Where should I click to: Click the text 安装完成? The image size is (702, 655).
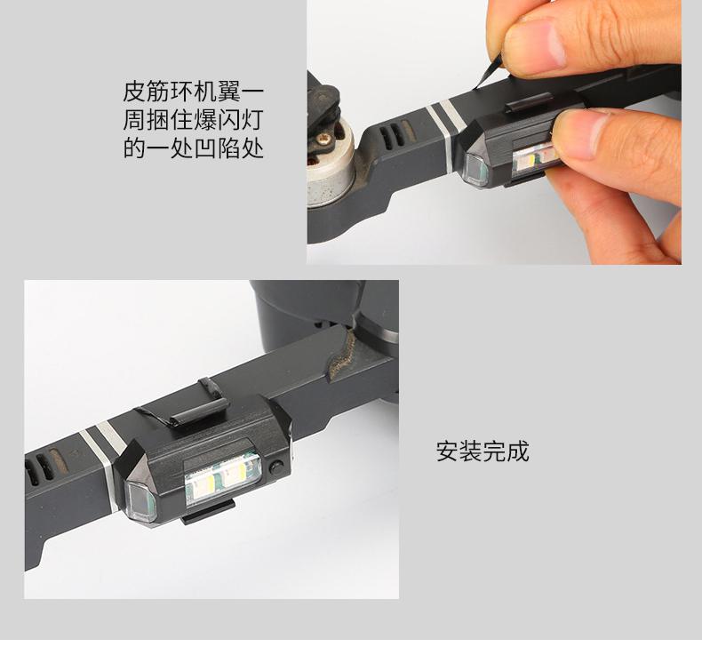[x=483, y=451]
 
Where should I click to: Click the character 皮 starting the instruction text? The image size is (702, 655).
[x=135, y=92]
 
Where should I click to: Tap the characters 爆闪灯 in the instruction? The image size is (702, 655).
[x=227, y=120]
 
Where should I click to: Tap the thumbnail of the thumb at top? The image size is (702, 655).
[x=534, y=44]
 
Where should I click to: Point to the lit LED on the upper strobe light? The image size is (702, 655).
[x=534, y=159]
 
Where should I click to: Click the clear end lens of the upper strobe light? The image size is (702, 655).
[x=474, y=169]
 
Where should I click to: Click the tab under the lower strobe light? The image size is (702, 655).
[x=209, y=512]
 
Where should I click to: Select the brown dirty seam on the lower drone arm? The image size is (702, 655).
[x=341, y=354]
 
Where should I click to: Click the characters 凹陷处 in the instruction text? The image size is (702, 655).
[x=227, y=148]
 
